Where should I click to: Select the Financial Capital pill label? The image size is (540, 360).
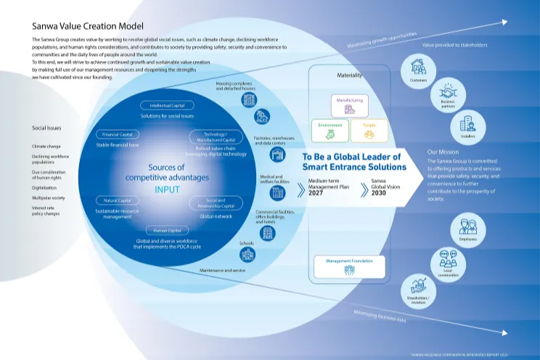tap(118, 134)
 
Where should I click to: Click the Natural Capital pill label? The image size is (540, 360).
tap(116, 199)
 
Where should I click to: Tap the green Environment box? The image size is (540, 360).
tap(330, 131)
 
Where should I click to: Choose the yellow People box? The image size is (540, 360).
tap(369, 131)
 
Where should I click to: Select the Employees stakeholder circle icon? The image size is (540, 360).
tap(467, 227)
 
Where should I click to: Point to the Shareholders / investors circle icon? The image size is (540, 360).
tap(418, 288)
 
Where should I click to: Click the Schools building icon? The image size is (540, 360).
tap(247, 254)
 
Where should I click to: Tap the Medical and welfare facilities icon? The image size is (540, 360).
tap(276, 192)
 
